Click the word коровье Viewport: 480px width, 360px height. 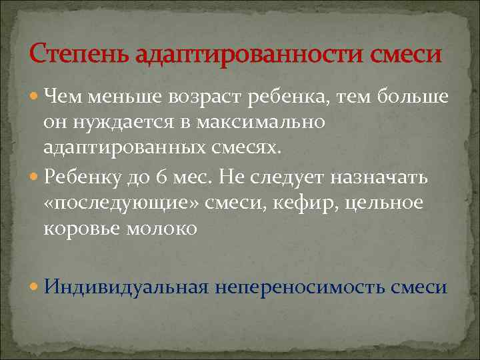tap(81, 228)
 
